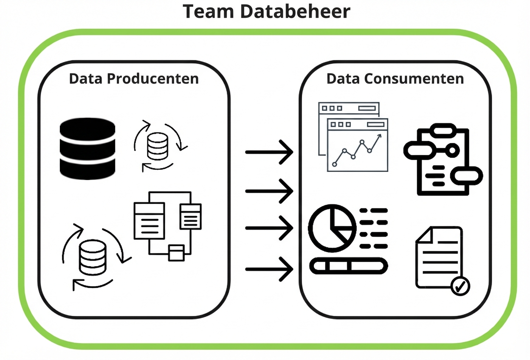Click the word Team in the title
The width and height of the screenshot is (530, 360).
[208, 11]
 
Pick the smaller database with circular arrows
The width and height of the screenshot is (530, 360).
[158, 146]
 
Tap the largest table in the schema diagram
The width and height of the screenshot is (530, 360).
[149, 220]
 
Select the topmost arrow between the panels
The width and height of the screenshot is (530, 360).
[269, 151]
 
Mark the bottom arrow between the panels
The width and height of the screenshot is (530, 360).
[269, 269]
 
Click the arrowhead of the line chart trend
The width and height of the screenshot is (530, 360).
[379, 136]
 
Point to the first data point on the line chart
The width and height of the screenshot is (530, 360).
[335, 164]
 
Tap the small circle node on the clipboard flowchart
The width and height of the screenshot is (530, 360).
[453, 150]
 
